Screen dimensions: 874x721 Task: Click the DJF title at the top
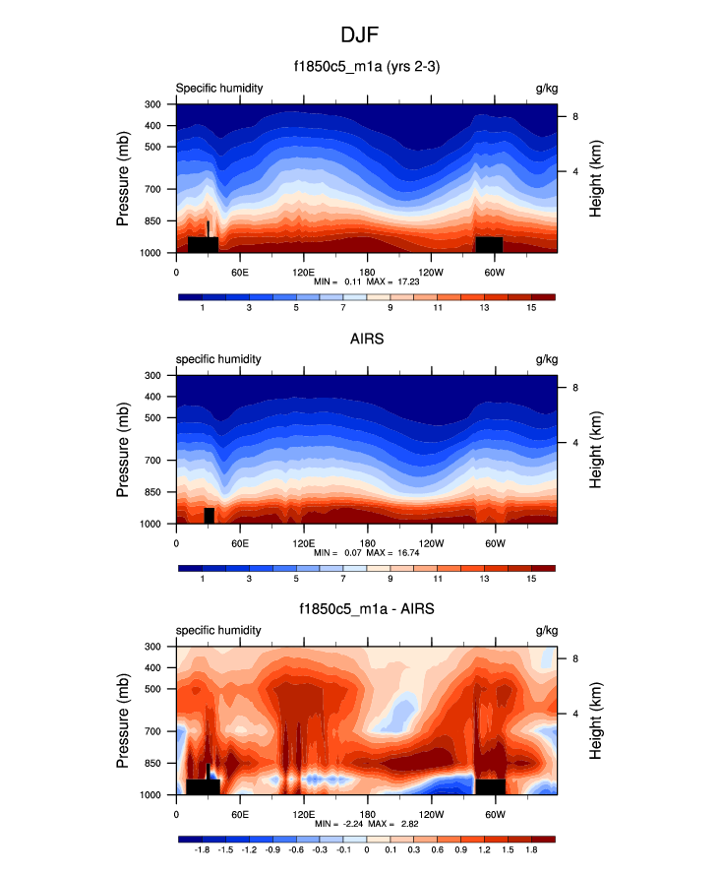click(x=360, y=34)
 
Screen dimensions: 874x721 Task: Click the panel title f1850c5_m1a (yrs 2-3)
click(x=360, y=68)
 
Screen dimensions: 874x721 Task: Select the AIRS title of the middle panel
click(x=360, y=339)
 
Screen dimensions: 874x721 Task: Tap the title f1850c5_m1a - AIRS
click(x=360, y=610)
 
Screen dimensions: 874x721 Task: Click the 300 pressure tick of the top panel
click(x=152, y=104)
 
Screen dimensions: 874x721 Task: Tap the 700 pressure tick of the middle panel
click(x=152, y=460)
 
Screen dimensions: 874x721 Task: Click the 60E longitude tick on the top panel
click(x=239, y=271)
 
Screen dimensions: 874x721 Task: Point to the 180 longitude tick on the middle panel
click(x=367, y=542)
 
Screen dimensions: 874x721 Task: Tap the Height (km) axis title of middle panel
click(x=597, y=450)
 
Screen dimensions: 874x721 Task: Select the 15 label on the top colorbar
click(x=531, y=309)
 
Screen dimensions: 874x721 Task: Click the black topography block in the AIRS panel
click(x=209, y=515)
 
